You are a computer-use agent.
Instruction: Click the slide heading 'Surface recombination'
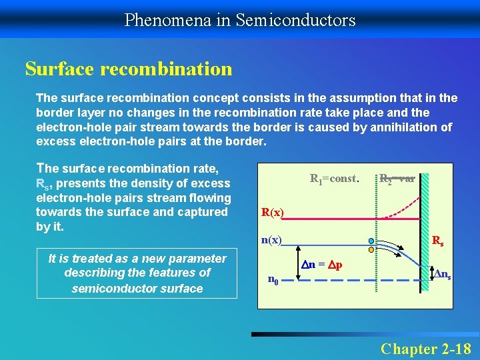pos(129,69)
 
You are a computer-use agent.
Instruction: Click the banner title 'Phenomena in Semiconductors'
pos(240,20)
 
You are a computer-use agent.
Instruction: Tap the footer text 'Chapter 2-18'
pos(425,349)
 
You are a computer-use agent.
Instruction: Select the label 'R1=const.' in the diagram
pos(335,179)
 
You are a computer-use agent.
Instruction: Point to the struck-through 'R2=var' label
pos(398,179)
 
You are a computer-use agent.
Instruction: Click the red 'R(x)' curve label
pos(273,213)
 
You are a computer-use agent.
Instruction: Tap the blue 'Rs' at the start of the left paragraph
pos(43,183)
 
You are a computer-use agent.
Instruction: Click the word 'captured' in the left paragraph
pos(204,212)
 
